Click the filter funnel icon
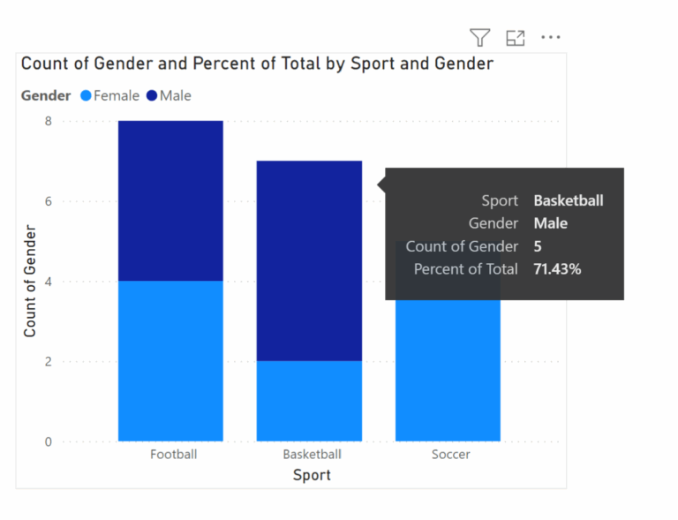click(479, 37)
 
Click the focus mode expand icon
click(516, 37)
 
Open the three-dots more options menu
click(551, 37)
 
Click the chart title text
click(257, 64)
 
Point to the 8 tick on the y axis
click(49, 121)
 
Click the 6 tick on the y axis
click(49, 201)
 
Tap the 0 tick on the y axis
click(49, 441)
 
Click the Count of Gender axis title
click(30, 281)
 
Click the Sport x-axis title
click(312, 475)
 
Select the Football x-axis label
click(173, 455)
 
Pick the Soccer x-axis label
click(450, 455)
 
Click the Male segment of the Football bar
click(170, 200)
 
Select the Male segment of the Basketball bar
click(309, 260)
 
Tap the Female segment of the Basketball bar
click(309, 401)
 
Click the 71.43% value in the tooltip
click(557, 269)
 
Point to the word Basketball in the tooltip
click(569, 200)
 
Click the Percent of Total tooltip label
click(466, 269)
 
